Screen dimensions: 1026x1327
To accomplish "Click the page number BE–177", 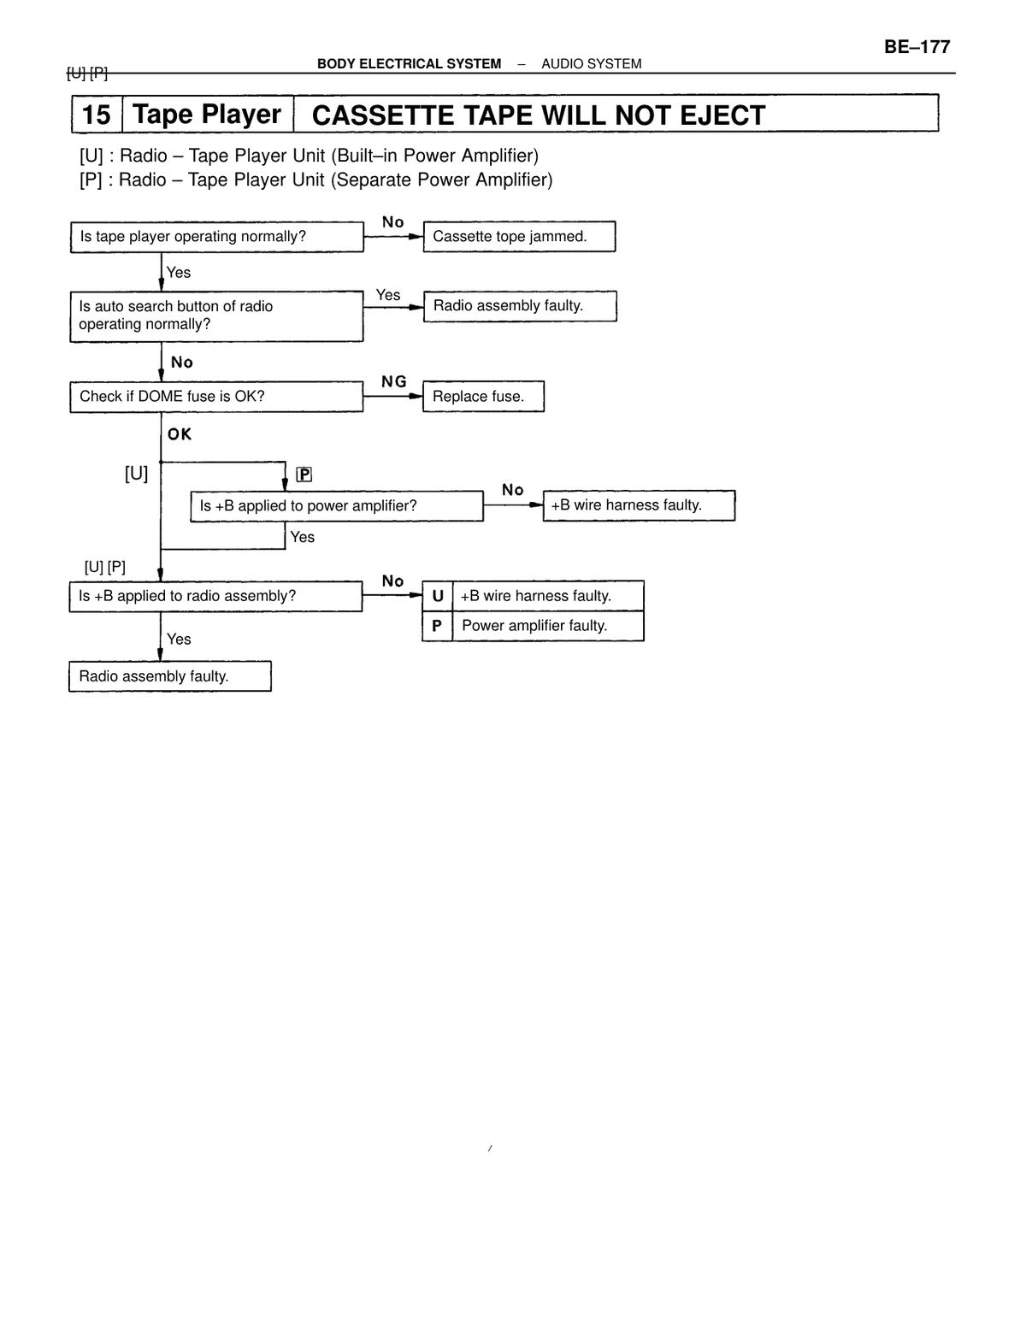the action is [917, 47].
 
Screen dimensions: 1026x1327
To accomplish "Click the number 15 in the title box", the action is [97, 115].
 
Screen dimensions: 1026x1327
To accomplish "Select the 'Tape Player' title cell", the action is [208, 115].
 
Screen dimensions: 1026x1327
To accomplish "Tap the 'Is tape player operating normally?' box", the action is [216, 236].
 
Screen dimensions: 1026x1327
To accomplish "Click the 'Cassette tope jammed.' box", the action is [519, 236].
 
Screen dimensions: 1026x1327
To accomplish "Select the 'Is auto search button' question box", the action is [216, 316].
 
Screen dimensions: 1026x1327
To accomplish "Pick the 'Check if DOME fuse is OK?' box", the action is [216, 397].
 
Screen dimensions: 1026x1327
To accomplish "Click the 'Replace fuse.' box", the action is [483, 397].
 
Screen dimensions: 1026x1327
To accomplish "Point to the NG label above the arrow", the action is [393, 381].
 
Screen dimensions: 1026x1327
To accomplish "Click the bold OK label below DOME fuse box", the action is [180, 434].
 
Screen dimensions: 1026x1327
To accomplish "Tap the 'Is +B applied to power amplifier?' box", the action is [337, 506].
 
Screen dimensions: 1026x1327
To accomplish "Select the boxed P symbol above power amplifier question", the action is [304, 475].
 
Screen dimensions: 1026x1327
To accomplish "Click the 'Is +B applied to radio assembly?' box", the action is [215, 596].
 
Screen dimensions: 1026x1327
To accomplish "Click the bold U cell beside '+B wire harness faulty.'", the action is [438, 596].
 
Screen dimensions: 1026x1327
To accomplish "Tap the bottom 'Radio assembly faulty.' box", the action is [169, 676].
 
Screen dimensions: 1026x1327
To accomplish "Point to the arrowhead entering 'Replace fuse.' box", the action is [416, 397].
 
